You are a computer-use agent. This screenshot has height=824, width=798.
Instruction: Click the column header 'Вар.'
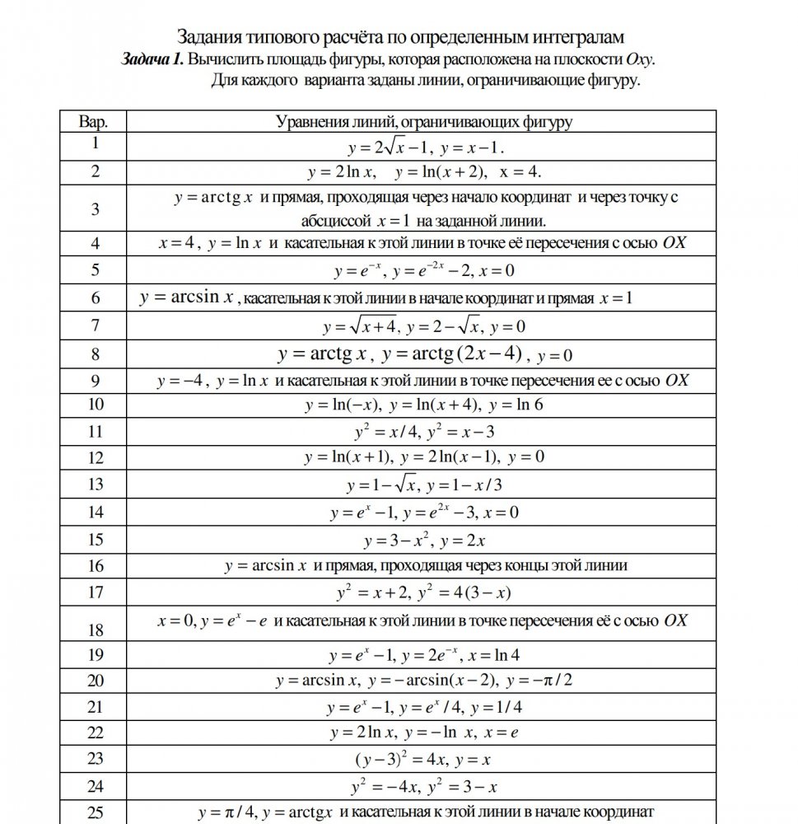(95, 122)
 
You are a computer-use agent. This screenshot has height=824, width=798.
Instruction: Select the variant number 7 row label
(96, 325)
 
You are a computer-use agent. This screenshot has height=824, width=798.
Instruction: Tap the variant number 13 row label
(96, 484)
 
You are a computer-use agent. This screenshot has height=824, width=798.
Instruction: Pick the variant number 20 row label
(96, 680)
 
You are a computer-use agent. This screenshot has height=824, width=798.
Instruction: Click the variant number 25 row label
(96, 813)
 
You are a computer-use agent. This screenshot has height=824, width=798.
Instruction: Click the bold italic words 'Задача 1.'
(152, 60)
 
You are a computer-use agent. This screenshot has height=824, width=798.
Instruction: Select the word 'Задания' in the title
(205, 37)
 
